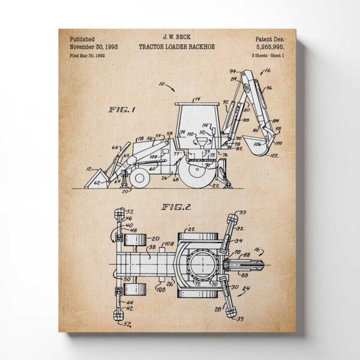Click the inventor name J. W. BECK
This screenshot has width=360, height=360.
179,37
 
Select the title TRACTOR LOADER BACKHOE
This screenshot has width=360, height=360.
179,46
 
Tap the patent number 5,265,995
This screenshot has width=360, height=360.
271,46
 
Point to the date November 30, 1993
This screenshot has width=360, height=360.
94,46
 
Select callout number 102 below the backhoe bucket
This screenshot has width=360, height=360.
275,156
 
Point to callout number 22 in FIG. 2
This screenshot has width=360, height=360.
193,229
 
